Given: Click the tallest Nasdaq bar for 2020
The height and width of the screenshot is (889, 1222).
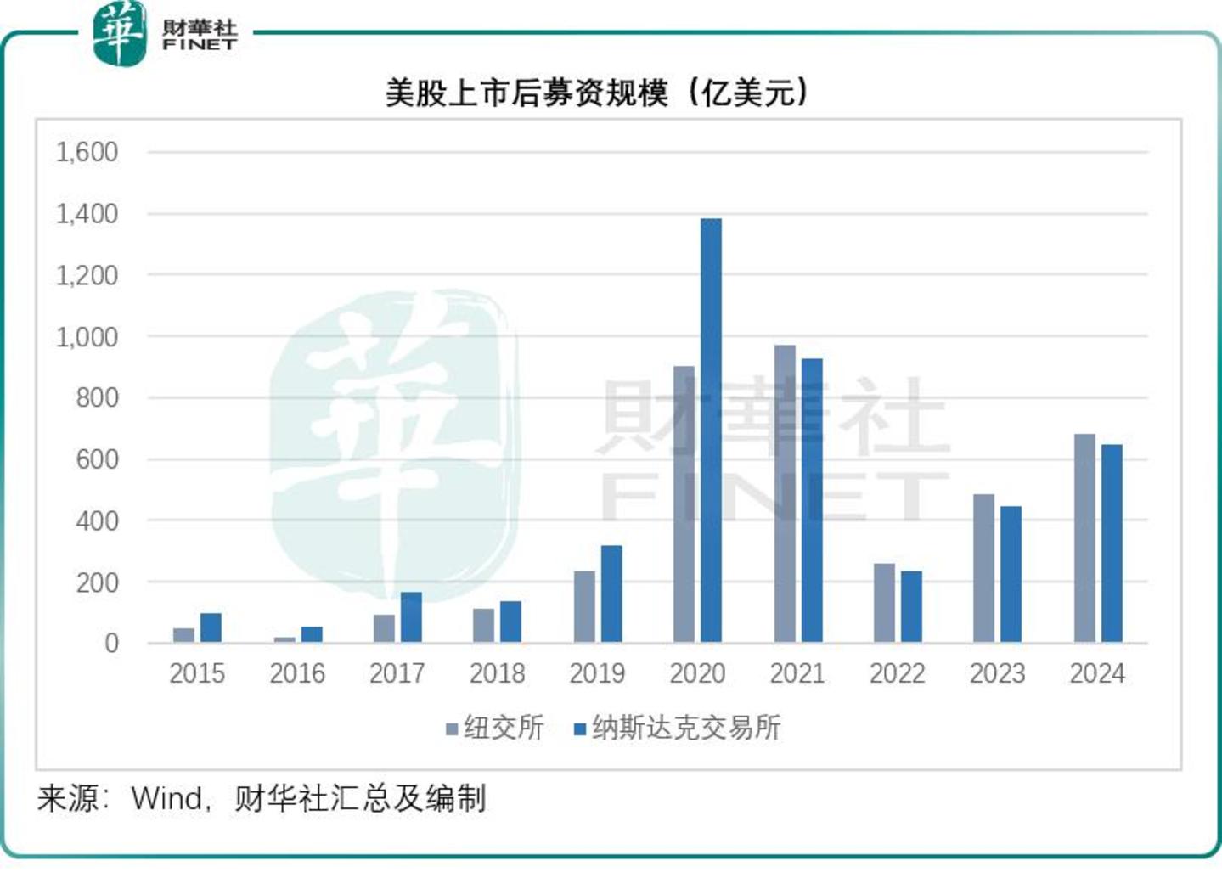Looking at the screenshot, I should click(x=711, y=430).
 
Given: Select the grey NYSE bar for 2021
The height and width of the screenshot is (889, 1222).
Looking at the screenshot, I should click(x=785, y=493).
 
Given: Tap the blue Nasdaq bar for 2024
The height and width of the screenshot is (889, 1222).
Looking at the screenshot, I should click(x=1112, y=543).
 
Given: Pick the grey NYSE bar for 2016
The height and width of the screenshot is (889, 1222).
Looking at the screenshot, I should click(x=285, y=639).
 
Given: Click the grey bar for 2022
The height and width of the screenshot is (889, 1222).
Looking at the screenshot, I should click(x=884, y=602).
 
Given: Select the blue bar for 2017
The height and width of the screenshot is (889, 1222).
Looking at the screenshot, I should click(x=411, y=616).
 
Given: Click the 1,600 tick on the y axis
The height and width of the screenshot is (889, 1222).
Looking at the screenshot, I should click(x=87, y=153).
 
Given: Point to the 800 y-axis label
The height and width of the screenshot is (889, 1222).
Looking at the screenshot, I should click(x=97, y=397).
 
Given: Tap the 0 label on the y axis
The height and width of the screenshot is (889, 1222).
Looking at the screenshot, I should click(x=111, y=643).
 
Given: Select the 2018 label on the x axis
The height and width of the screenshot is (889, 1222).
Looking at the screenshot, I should click(x=498, y=673).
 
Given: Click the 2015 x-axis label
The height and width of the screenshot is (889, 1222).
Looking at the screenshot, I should click(x=197, y=673).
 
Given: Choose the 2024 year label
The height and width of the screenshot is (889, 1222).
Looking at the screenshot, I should click(x=1097, y=673).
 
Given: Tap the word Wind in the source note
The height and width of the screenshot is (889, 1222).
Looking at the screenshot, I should click(x=168, y=798).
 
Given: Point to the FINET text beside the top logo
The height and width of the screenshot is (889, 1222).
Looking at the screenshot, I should click(x=200, y=44).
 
